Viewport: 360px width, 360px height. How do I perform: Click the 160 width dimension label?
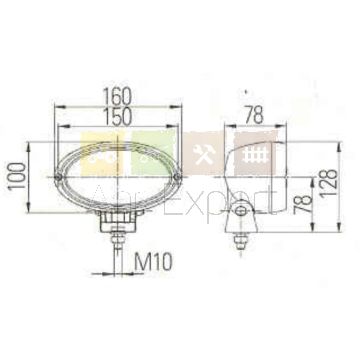(117, 96)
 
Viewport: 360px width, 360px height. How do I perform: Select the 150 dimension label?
(117, 117)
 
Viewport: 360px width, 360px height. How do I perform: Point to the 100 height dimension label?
(18, 177)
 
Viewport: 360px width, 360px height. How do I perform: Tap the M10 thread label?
(154, 262)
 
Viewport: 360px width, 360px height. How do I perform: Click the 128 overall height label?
(329, 183)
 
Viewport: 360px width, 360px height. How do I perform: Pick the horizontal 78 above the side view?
(254, 115)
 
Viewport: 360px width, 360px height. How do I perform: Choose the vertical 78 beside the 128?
(303, 204)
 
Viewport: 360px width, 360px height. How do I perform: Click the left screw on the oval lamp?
(59, 177)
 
